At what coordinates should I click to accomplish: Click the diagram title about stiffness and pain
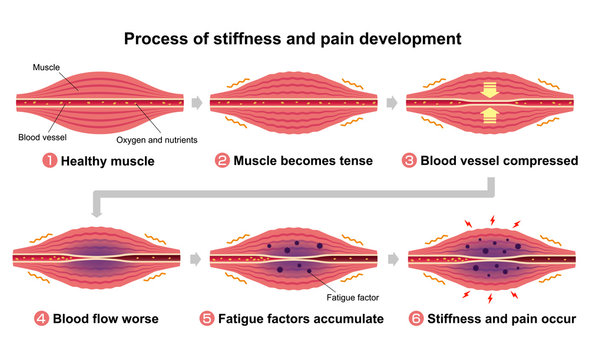[x=292, y=40]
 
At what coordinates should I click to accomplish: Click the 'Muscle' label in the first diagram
[x=46, y=67]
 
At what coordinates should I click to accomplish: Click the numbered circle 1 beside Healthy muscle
[x=49, y=160]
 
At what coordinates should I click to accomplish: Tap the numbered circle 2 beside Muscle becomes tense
[x=223, y=160]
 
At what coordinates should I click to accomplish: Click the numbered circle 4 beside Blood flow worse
[x=42, y=319]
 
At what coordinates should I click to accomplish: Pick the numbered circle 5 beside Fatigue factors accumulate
[x=207, y=319]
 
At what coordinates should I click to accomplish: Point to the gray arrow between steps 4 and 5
[x=195, y=257]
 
